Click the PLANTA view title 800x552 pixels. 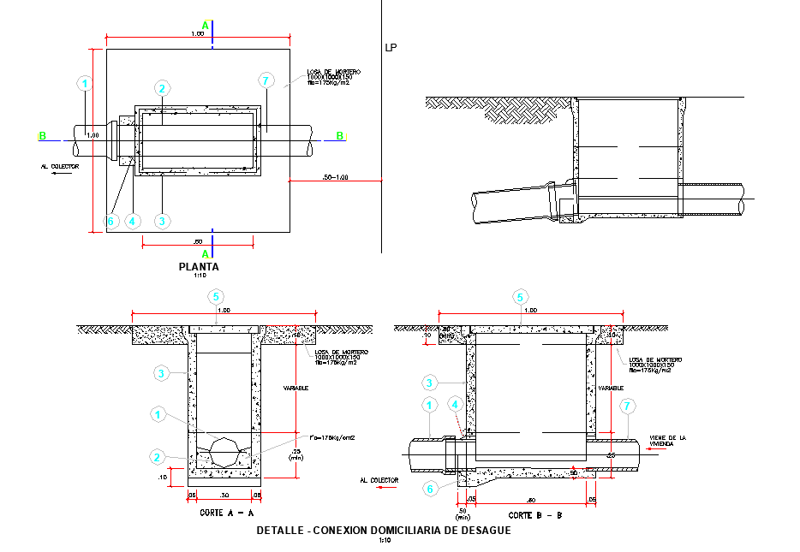[199, 267]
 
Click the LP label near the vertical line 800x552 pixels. [391, 48]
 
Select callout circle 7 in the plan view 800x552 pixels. [266, 81]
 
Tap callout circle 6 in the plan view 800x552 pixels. [110, 221]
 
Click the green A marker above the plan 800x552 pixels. [205, 25]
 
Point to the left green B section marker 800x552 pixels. [41, 135]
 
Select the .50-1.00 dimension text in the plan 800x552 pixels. [335, 177]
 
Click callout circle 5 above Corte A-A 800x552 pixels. [216, 296]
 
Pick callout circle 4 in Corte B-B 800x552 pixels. [455, 405]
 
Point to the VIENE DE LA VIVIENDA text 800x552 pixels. [669, 440]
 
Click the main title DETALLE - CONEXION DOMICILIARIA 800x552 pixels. [384, 531]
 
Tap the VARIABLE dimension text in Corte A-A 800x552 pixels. [296, 388]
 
